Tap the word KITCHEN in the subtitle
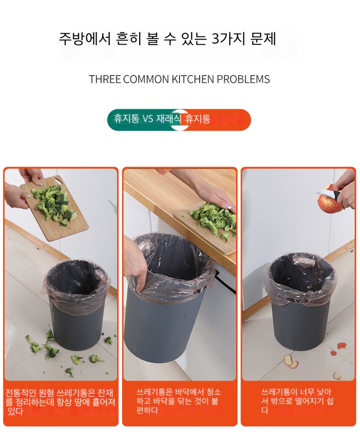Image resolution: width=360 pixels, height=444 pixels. point(193,79)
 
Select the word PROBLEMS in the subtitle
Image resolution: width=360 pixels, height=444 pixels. point(243,79)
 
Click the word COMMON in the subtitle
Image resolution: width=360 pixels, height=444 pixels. point(146,79)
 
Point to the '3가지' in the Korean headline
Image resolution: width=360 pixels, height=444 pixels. point(229,39)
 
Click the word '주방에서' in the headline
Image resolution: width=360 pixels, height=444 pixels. point(84,39)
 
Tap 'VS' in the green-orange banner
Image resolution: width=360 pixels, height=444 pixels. point(148,119)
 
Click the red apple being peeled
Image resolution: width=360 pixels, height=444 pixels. point(329,199)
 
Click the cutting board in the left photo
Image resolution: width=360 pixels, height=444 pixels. point(54,208)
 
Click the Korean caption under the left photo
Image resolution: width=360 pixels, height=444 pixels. point(60,402)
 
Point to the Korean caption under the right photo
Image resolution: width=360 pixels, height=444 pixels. point(297,401)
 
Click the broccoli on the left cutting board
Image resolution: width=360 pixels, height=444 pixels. point(54,203)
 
